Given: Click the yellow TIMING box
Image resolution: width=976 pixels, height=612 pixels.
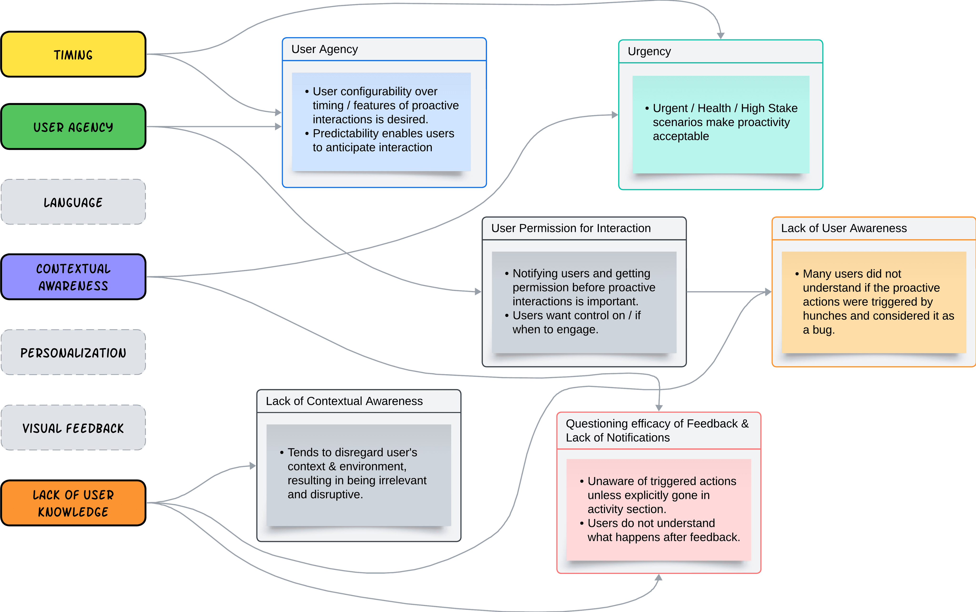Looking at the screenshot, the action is tap(73, 54).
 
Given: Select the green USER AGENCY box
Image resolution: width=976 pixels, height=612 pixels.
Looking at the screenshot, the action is tap(73, 127).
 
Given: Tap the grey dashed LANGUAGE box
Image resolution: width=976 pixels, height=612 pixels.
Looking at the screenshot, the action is tap(73, 202).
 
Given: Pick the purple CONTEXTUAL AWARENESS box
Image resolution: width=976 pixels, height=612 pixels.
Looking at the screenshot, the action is tap(73, 277).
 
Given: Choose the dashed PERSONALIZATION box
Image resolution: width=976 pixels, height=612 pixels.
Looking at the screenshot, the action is tap(73, 352).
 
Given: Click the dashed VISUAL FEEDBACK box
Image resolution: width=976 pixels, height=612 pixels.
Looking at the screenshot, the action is tap(73, 428).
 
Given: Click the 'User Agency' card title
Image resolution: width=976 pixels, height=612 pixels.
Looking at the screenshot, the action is tap(325, 49).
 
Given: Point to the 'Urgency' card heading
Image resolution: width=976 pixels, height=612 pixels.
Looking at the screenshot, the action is tap(649, 51).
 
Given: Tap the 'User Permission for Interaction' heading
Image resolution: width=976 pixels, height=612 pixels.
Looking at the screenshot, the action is tap(571, 228).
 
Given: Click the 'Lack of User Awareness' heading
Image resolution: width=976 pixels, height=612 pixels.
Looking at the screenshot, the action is tap(844, 228).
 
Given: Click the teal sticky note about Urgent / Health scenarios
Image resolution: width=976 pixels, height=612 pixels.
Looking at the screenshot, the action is tap(721, 125).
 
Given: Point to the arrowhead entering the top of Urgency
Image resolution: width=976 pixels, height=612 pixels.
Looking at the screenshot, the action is tap(721, 36).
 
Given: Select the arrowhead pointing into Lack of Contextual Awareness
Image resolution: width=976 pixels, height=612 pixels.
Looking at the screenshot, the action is tap(253, 466).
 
